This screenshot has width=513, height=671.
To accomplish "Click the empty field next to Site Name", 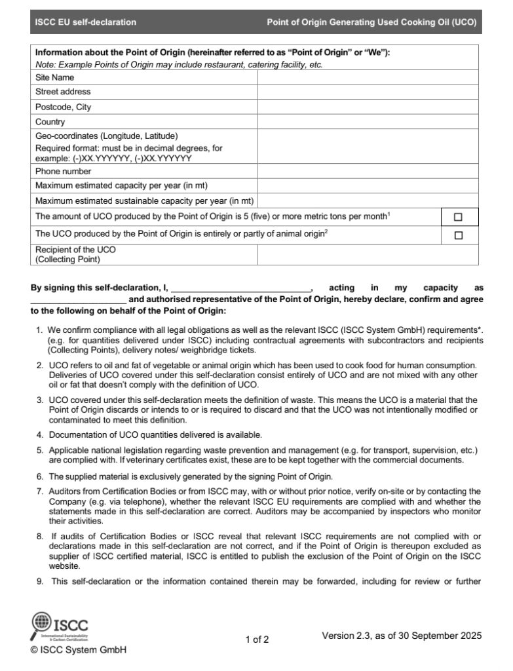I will (368, 77).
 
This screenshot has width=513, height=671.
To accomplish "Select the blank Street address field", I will (368, 92).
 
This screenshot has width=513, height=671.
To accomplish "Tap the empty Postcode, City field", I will (368, 107).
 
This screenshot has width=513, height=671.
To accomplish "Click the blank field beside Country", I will (368, 122).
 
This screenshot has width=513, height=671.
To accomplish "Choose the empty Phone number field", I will (368, 171).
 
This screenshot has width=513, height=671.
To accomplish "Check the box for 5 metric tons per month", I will (458, 217).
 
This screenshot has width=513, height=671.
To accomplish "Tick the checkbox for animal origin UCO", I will (458, 235).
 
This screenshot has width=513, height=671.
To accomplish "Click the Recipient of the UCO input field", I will (368, 254).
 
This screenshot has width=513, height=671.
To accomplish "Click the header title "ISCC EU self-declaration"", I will (86, 22).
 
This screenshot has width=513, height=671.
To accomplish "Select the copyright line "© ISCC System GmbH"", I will (79, 650).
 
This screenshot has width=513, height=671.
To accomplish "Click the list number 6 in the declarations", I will (40, 476).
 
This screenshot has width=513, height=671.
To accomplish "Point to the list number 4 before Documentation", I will (40, 434).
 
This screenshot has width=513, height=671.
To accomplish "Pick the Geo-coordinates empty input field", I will (368, 147).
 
